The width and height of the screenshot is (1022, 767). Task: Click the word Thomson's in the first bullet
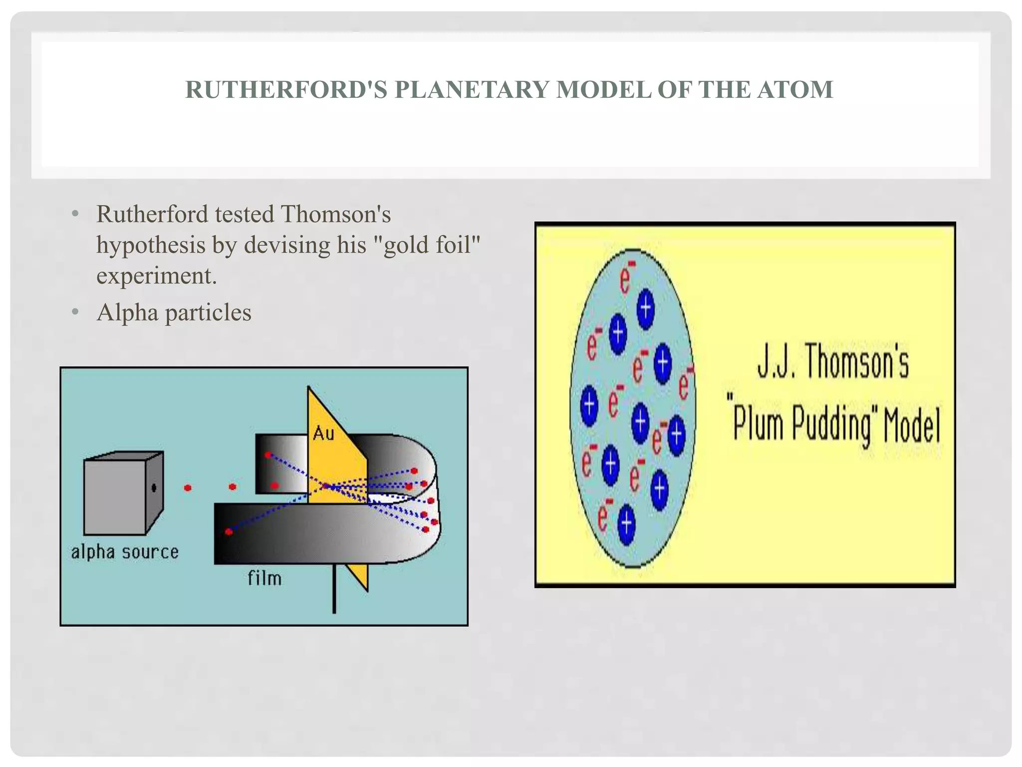click(x=336, y=215)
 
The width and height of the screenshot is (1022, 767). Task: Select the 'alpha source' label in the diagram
click(x=125, y=552)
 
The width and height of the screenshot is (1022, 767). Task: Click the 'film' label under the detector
click(x=264, y=578)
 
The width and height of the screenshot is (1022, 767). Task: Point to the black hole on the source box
click(x=154, y=487)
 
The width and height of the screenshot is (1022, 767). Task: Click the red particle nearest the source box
click(x=188, y=488)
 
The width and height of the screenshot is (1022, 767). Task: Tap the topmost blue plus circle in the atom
click(x=646, y=309)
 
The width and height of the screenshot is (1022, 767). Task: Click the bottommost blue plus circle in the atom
click(x=627, y=524)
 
